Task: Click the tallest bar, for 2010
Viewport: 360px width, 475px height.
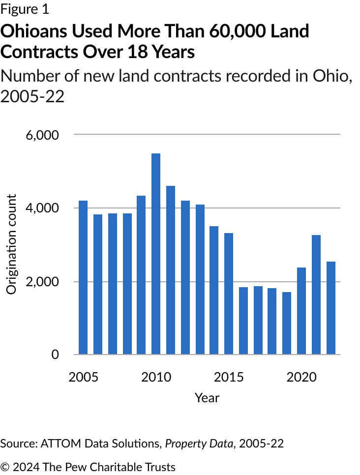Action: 156,254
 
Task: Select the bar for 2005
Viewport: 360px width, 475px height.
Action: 83,277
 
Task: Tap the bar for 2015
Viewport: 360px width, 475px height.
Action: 229,294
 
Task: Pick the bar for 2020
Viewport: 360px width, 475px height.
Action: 301,311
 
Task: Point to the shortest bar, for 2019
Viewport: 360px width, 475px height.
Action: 287,323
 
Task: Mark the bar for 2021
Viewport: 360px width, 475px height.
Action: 316,295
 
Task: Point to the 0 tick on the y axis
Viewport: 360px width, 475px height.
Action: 55,355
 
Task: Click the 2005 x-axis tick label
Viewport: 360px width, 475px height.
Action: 83,377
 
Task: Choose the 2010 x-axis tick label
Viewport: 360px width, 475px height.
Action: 156,377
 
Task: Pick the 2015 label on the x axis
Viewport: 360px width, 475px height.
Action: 229,377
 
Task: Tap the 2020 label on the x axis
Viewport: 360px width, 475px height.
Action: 301,377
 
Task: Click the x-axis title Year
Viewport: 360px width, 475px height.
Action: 207,397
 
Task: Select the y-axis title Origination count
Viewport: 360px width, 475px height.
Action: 12,244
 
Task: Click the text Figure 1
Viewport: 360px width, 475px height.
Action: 25,9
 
